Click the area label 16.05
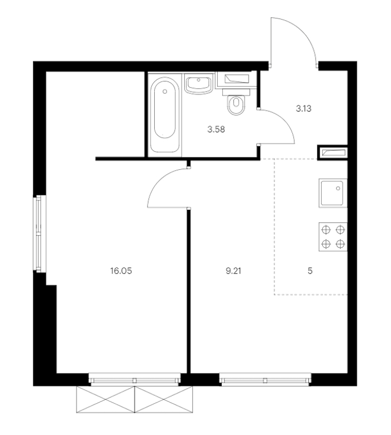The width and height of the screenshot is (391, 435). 121,271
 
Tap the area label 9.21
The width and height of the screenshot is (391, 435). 233,271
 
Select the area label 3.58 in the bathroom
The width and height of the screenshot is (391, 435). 216,130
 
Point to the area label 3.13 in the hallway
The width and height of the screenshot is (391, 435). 303,108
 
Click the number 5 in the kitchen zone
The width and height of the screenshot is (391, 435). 310,271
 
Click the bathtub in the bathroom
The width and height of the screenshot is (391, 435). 165,114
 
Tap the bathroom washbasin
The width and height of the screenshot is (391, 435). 198,84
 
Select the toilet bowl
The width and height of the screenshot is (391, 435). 236,102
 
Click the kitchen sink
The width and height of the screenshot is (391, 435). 333,193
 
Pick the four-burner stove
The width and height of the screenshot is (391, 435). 333,237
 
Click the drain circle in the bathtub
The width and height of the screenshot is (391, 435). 165,91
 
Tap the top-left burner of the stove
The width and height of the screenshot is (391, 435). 326,230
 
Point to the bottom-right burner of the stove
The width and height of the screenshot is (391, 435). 340,244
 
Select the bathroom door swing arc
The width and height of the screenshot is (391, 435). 283,120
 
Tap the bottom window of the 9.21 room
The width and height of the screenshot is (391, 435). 265,379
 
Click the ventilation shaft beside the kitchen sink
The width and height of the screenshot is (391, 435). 333,152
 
